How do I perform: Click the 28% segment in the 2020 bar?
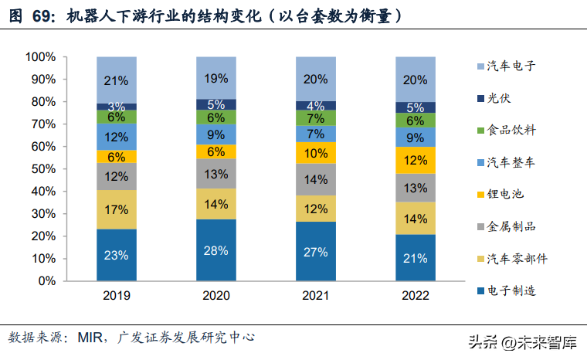coord(215,250)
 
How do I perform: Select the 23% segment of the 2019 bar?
coord(117,255)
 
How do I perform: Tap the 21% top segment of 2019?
coord(117,80)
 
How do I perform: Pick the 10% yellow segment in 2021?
coord(316,153)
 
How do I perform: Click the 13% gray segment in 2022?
coord(416,188)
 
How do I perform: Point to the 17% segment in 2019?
coord(117,209)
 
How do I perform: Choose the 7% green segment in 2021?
coord(316,118)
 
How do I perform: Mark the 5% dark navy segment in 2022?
coord(416,108)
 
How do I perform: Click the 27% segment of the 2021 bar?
coord(316,252)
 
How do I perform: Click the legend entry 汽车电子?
coord(511,66)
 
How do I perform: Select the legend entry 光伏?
coord(499,98)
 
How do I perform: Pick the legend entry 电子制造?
coord(511,290)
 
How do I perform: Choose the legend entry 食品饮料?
coord(511,130)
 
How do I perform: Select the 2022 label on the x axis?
coord(416,295)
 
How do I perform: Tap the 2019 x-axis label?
coord(117,295)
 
